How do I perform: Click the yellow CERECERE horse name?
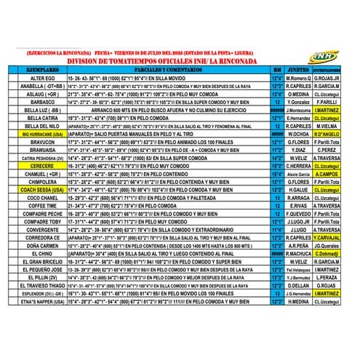coord(41,166)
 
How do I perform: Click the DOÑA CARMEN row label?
coord(41,245)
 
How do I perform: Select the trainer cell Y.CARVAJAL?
coord(334,237)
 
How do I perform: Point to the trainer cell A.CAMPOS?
coord(334,174)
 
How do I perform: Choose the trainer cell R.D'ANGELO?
coord(334,134)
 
